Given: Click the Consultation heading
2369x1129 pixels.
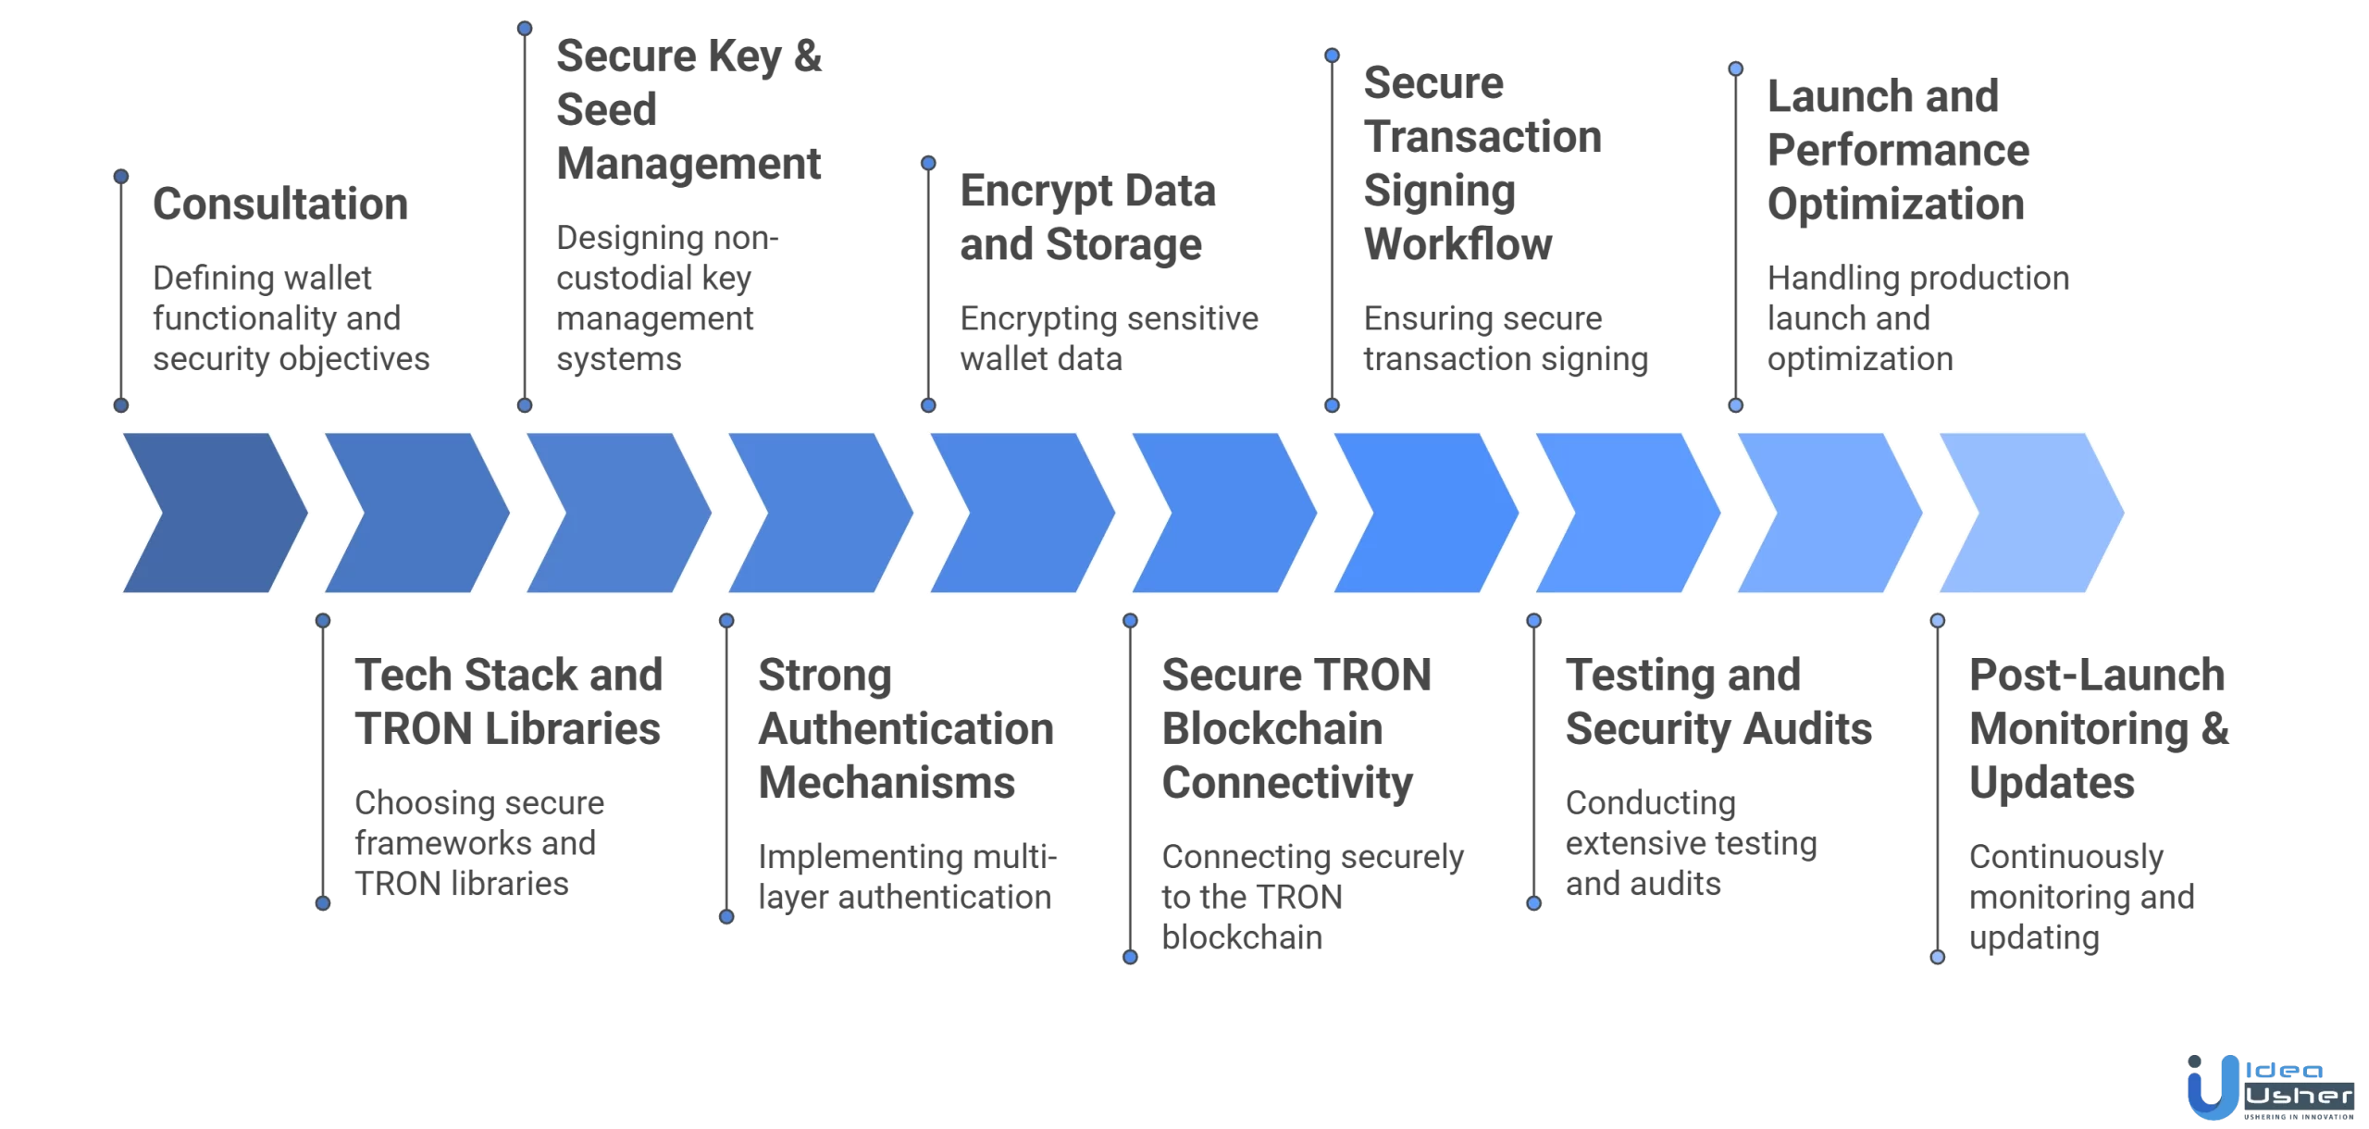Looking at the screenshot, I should click(279, 205).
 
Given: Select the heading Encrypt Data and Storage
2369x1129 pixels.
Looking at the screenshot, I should click(1086, 218).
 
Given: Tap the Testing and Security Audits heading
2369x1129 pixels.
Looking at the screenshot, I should click(1718, 701).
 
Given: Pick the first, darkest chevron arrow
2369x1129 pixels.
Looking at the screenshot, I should click(215, 513).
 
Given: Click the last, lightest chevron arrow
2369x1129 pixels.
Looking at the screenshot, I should click(2032, 513).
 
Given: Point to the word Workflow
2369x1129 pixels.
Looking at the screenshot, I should click(1457, 245).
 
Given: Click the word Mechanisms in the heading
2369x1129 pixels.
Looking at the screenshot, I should click(887, 783).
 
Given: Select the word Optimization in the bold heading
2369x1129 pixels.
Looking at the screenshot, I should click(1895, 205).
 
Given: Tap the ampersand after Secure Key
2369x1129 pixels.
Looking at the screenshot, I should click(807, 56).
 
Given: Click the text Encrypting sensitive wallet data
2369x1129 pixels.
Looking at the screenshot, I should click(1108, 338).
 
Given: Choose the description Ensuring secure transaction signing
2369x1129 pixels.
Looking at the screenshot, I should click(1505, 338).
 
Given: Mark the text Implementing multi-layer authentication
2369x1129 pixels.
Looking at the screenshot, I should click(906, 876).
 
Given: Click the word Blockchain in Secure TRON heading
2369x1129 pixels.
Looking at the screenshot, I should click(1271, 729).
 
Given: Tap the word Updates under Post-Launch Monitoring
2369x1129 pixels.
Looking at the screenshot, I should click(2052, 783).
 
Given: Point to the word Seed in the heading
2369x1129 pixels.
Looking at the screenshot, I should click(606, 110).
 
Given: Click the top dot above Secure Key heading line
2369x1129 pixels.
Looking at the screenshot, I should click(525, 29).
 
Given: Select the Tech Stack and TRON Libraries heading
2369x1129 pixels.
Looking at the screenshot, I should click(508, 701).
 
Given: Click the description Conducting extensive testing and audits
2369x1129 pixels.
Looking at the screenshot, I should click(1691, 843).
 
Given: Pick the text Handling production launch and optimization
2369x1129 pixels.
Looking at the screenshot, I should click(1917, 318).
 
